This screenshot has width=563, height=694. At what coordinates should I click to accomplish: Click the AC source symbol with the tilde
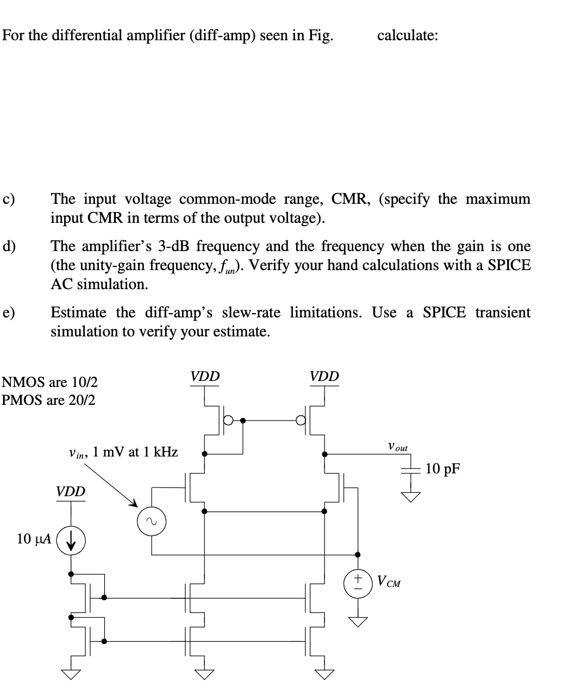click(x=151, y=522)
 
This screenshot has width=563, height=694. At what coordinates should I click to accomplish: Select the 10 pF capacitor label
click(x=442, y=468)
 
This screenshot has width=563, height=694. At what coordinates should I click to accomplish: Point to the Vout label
click(x=397, y=447)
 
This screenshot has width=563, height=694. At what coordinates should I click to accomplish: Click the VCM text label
click(x=390, y=583)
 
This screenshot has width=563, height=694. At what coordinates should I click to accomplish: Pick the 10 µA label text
click(x=34, y=539)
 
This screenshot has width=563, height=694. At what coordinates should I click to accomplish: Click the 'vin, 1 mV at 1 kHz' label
click(x=123, y=452)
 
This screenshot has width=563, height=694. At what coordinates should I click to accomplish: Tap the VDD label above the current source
click(x=71, y=492)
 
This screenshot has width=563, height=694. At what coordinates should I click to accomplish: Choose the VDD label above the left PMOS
click(x=205, y=376)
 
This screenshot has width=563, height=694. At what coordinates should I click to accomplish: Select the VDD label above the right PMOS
click(x=324, y=376)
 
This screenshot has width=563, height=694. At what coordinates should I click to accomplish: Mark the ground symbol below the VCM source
click(x=358, y=621)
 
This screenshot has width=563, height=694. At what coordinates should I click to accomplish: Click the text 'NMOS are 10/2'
click(x=50, y=382)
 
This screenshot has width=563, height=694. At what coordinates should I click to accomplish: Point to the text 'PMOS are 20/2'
click(x=49, y=401)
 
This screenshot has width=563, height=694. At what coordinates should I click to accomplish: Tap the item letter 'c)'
click(x=9, y=199)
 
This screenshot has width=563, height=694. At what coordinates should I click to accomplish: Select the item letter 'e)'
click(x=9, y=313)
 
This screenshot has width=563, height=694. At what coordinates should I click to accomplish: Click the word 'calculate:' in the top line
click(x=408, y=36)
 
